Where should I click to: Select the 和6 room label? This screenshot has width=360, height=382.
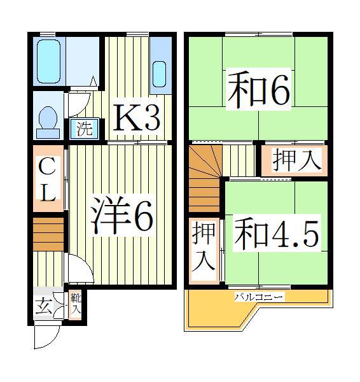point(257,91)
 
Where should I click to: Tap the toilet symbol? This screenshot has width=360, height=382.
point(47,120)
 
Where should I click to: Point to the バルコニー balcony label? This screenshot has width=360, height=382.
point(258,297)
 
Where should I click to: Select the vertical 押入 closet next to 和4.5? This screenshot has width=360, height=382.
point(204,248)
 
